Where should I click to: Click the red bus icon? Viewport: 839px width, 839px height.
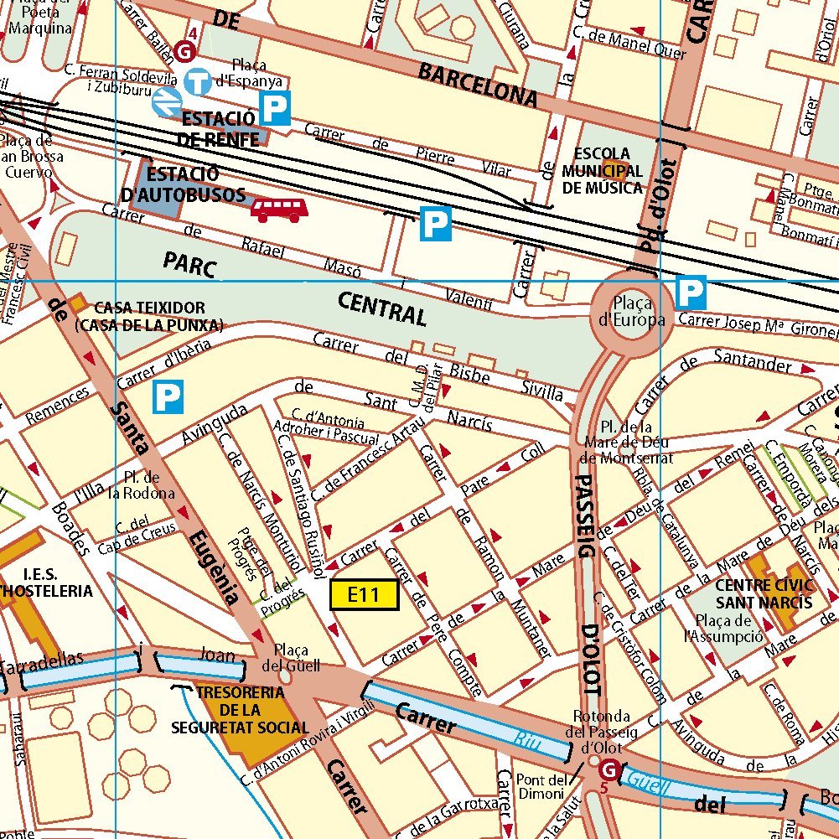click(x=279, y=210)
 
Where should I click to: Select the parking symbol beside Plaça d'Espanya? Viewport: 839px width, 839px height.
click(x=275, y=108)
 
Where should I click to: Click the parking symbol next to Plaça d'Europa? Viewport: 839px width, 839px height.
click(x=691, y=292)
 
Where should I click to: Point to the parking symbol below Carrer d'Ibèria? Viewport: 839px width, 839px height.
click(x=167, y=397)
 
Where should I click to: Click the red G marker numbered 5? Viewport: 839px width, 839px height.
click(x=609, y=769)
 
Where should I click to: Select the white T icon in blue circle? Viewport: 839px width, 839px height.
click(x=199, y=82)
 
